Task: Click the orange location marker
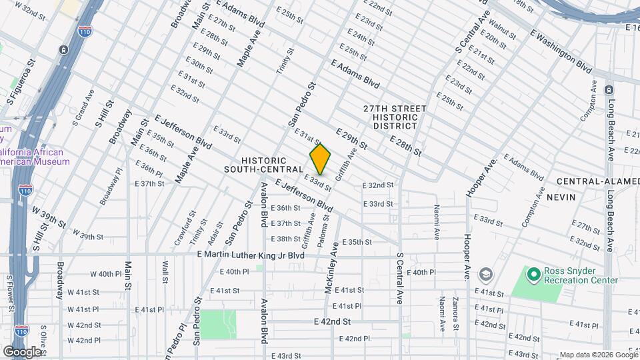click(x=320, y=159)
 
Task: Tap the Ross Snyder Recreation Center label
click(x=582, y=275)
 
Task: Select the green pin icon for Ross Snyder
click(x=533, y=274)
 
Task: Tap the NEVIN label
click(x=561, y=197)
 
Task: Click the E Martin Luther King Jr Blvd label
click(x=251, y=255)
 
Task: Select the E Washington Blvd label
click(x=561, y=51)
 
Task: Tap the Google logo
click(x=22, y=351)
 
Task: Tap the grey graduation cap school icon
click(x=486, y=275)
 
